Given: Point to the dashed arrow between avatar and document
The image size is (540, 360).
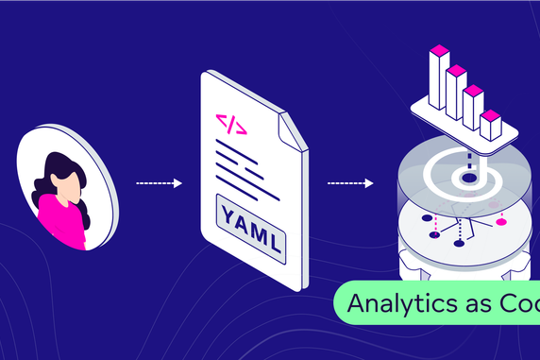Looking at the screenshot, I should coord(159,183).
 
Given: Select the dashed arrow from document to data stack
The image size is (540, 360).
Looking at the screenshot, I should coord(350,183).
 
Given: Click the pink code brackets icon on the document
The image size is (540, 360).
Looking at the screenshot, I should coord(231,125).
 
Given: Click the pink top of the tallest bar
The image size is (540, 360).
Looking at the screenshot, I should coord(439,48).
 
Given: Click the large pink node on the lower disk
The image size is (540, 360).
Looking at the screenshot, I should coord(502,222).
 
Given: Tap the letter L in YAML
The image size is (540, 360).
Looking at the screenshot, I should coord(274,245).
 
